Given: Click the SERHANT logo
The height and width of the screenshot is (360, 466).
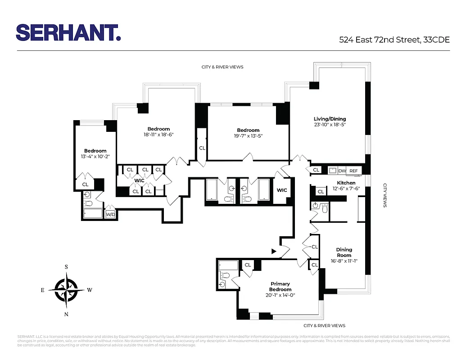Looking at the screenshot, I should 68,33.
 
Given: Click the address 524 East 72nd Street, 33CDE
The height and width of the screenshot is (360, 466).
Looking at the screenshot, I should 394,40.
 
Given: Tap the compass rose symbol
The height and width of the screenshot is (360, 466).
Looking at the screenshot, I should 66,290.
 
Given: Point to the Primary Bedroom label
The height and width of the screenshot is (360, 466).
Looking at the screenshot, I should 280,286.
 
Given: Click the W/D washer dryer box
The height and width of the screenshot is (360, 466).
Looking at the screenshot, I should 110,215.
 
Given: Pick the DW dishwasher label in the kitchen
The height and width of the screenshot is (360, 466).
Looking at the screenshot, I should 342,171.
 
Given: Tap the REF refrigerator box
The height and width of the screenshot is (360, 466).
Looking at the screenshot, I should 354,171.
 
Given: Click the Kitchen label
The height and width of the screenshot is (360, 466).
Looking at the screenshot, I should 346,183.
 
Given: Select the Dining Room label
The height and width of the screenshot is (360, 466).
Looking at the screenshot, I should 344,252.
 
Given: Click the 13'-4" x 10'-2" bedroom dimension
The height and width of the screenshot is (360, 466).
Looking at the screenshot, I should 95,157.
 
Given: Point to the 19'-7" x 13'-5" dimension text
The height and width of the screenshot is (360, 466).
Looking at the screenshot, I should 248,136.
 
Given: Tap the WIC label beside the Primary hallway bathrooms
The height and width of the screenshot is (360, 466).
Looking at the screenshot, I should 282,190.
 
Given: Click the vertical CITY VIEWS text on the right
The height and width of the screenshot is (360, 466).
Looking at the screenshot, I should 385,195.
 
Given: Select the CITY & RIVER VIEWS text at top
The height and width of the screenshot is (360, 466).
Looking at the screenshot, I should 222,67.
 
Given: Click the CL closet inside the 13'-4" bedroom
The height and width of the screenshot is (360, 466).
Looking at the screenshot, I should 85,184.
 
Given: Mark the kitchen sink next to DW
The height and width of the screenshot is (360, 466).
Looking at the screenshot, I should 333,170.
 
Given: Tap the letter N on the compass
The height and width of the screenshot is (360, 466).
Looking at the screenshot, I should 66,314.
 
